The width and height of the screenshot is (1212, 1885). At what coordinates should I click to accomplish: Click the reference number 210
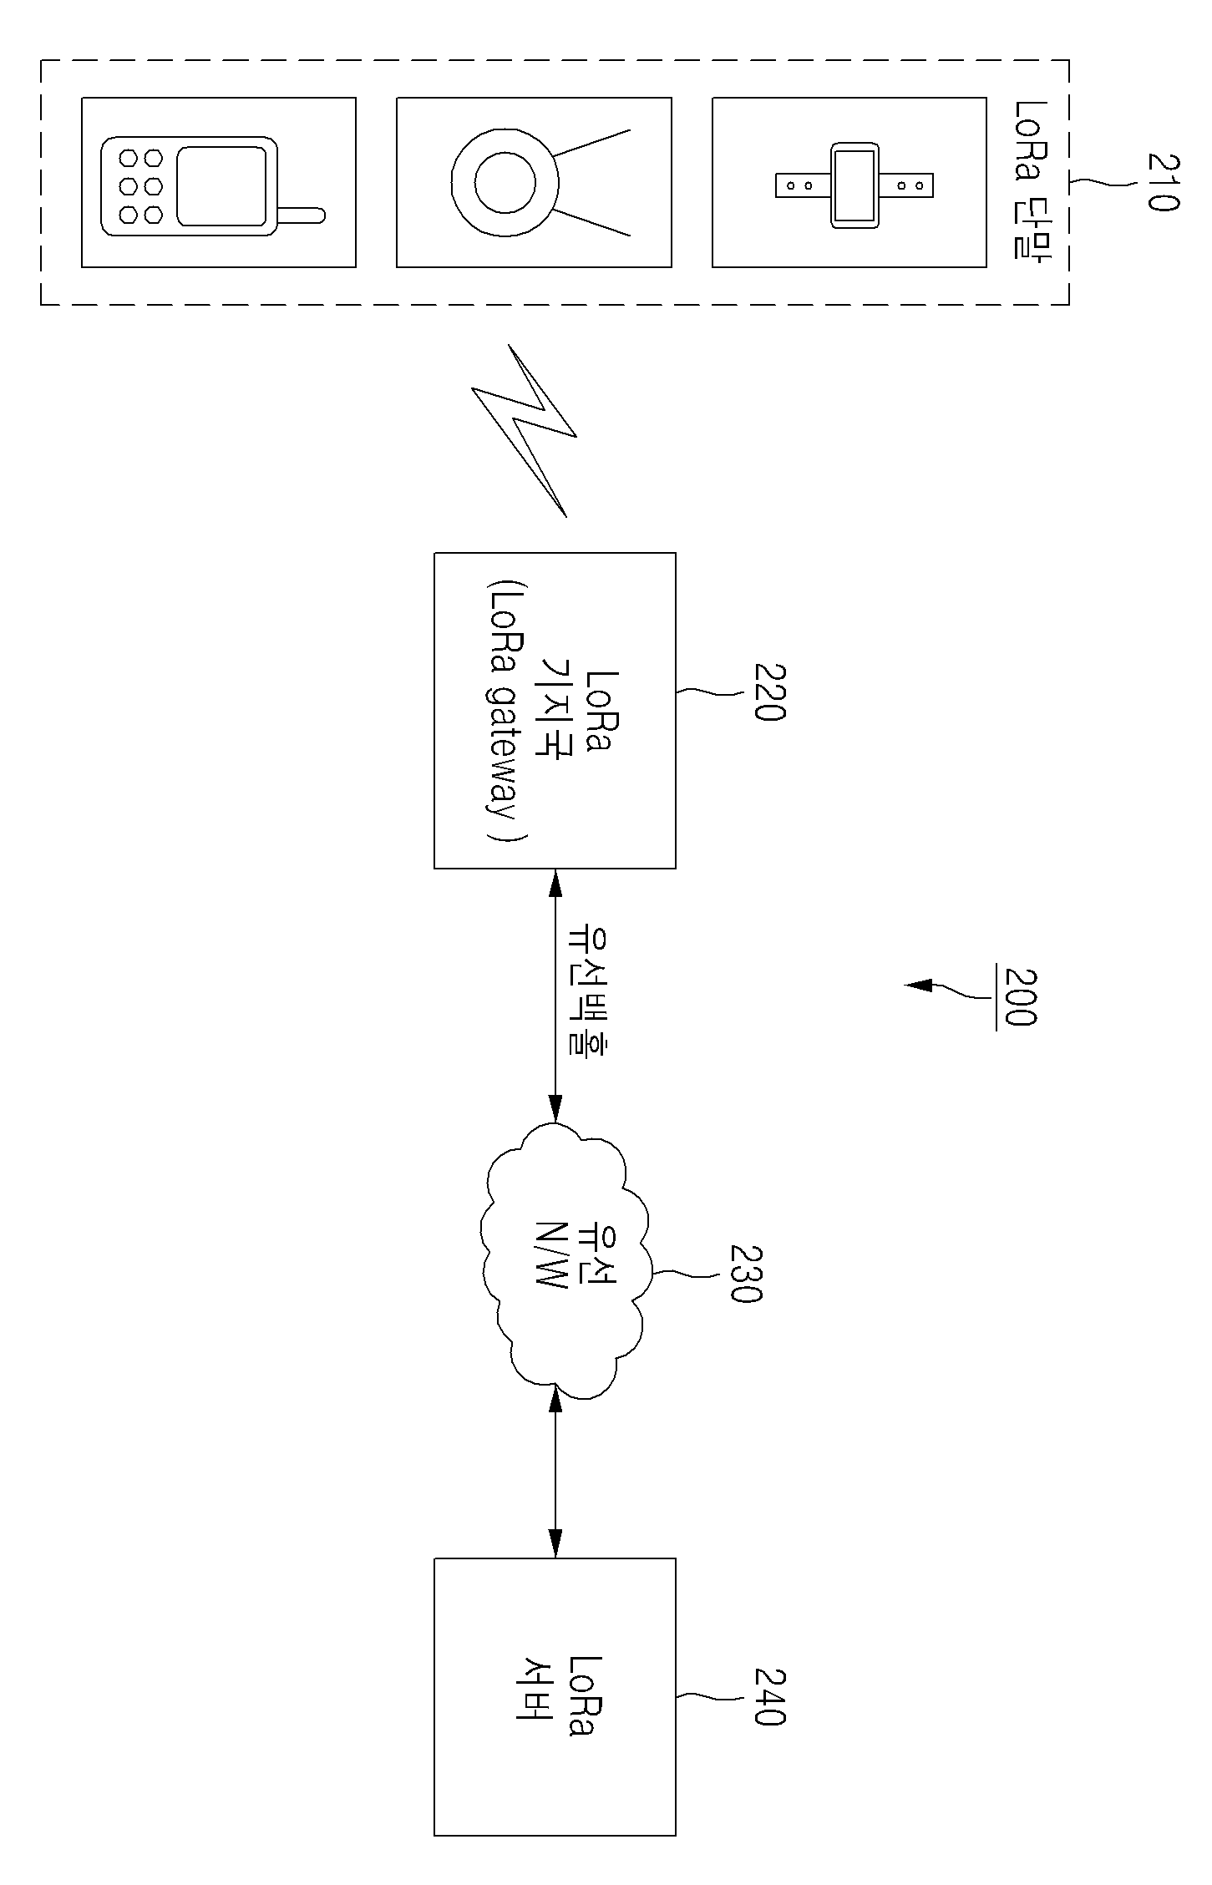(x=1162, y=181)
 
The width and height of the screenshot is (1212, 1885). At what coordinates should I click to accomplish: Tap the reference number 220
(x=769, y=692)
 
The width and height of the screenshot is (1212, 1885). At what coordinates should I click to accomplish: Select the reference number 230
(x=746, y=1274)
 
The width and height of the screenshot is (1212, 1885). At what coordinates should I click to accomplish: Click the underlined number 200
(x=1019, y=997)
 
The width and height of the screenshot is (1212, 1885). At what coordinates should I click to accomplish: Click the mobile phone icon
(x=212, y=185)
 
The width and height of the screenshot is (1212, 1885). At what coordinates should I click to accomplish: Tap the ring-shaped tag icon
(x=540, y=182)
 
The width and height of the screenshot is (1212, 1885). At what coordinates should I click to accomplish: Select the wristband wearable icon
(x=854, y=185)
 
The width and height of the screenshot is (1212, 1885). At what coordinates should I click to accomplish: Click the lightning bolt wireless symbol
(x=525, y=431)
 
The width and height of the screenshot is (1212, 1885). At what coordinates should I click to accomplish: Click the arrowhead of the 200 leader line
(x=919, y=986)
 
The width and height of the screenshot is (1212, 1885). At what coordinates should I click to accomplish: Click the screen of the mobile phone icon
(x=222, y=186)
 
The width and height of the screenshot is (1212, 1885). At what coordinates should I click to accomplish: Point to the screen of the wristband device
(x=854, y=185)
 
